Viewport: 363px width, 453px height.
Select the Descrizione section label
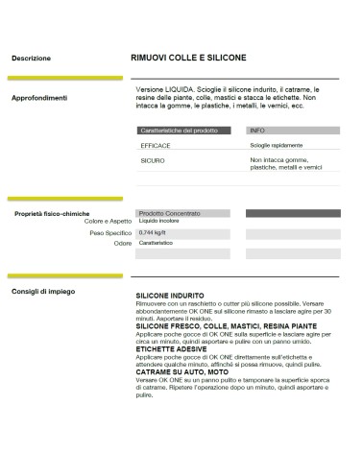[x=32, y=59]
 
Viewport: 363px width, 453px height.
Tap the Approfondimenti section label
[x=39, y=98]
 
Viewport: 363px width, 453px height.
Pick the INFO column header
[x=256, y=130]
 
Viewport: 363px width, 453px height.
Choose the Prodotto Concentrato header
[x=170, y=213]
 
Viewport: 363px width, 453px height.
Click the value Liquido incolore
[x=163, y=223]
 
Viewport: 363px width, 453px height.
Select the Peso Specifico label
[x=110, y=233]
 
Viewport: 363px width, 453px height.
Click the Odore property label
[x=122, y=244]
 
